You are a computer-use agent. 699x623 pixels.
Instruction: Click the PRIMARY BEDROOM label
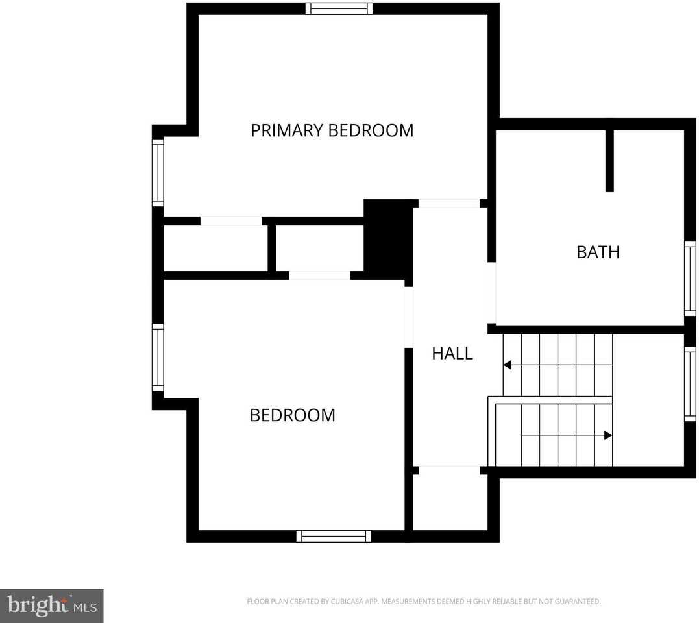332,130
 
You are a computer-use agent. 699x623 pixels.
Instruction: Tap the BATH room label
598,252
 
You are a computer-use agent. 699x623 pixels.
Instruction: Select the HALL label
452,354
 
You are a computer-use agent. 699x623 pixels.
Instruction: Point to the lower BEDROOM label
292,415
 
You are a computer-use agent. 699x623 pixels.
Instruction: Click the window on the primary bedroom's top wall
339,8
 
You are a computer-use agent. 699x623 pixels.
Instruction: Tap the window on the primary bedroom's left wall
157,173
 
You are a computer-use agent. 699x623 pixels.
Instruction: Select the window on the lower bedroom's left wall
157,358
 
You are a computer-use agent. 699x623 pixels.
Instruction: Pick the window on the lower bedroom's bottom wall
334,536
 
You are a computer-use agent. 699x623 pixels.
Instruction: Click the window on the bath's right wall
690,279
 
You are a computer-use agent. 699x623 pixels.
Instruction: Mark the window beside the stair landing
690,384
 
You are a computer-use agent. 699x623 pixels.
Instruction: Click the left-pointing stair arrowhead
508,365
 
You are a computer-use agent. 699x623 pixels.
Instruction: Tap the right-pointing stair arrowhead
607,435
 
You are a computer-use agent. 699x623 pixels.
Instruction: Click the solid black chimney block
387,239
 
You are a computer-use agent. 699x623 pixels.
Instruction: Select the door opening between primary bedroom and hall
448,204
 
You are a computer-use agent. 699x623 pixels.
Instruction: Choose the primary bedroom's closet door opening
230,221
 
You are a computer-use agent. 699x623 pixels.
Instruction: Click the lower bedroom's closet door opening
319,276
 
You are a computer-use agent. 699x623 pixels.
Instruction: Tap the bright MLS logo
52,606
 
